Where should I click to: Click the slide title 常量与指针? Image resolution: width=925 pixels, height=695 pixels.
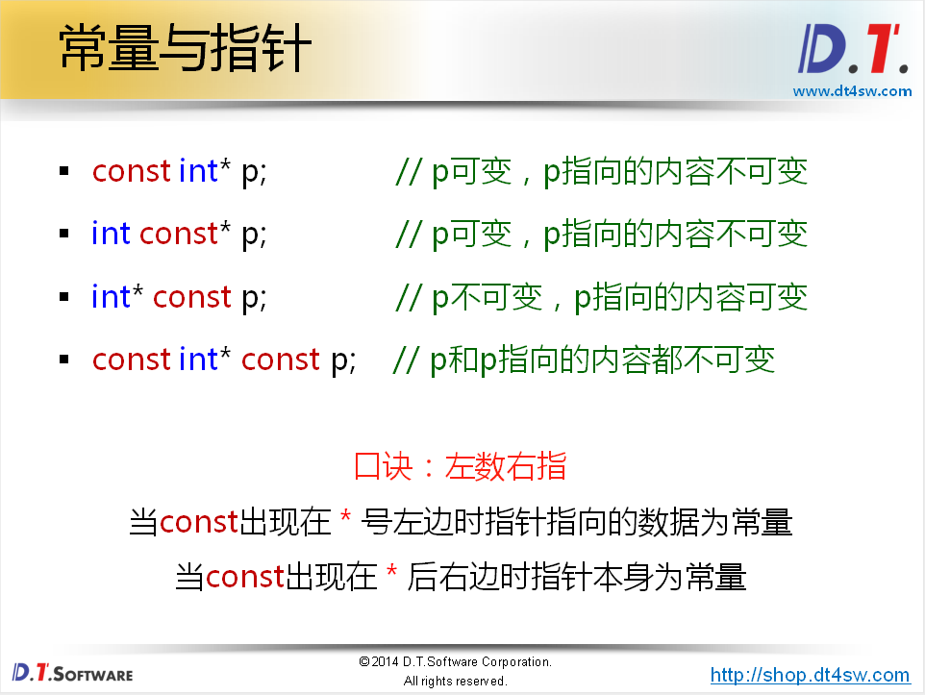(x=185, y=49)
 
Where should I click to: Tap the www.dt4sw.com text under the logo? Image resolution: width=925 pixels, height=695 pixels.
(x=851, y=91)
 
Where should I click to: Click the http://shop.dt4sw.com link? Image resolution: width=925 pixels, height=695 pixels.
(x=810, y=675)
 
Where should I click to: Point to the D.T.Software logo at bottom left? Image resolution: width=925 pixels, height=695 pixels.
(x=73, y=673)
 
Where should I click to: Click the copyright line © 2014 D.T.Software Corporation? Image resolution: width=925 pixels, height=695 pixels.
(x=455, y=662)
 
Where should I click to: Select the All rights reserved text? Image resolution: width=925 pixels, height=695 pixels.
(x=455, y=682)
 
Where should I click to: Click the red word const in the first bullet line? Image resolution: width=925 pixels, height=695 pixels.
(x=132, y=171)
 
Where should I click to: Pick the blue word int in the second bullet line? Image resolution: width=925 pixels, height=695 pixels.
(x=111, y=234)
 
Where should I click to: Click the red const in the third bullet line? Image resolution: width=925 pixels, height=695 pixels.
(x=192, y=297)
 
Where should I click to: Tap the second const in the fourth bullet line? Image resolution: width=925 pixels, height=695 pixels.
(x=280, y=360)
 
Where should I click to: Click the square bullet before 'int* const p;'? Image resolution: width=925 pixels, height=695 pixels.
(x=64, y=297)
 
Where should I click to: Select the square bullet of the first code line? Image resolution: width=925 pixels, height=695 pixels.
(x=64, y=171)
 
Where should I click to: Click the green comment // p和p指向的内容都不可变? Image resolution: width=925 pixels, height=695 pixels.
(x=585, y=360)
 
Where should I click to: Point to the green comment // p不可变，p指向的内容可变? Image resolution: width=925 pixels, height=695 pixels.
(x=601, y=297)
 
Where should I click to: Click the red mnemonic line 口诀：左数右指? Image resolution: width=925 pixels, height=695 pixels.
(x=461, y=466)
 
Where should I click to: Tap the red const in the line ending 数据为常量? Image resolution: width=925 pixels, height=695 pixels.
(x=198, y=522)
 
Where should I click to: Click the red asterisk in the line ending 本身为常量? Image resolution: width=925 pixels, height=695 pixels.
(x=391, y=577)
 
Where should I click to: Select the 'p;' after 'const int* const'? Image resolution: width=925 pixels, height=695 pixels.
(x=343, y=360)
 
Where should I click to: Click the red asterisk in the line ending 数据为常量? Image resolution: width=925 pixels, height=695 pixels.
(x=346, y=522)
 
